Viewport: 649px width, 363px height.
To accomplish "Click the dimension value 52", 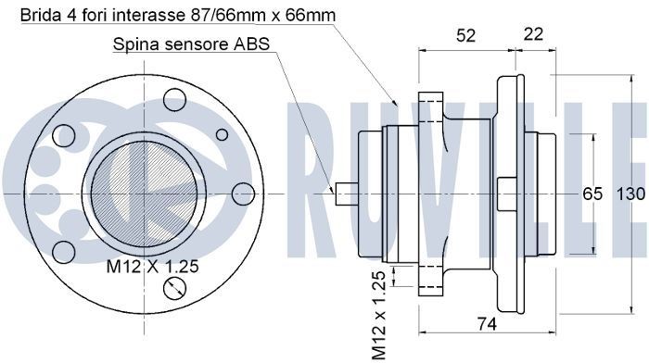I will coord(466,35).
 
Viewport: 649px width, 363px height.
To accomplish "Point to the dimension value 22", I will coord(533,35).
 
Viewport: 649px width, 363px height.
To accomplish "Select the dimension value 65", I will coord(592,194).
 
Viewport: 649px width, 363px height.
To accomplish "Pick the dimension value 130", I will coord(630,194).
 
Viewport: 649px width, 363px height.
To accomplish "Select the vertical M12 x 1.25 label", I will coord(378,315).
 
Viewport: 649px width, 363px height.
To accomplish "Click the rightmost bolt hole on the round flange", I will coord(243,193).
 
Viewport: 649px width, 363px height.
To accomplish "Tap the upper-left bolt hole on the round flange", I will coord(65,135).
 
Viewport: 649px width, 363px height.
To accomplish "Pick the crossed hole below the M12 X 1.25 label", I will coord(174,290).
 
